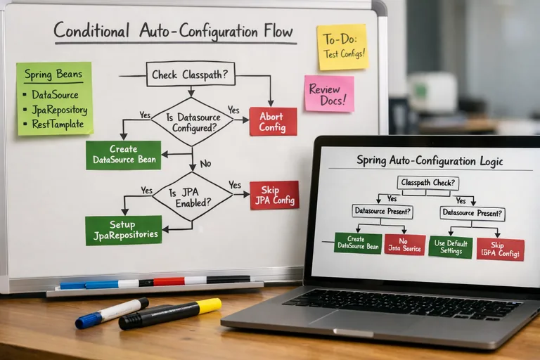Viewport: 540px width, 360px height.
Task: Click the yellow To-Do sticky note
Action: click(342, 47)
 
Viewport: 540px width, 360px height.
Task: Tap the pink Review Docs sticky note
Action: click(330, 94)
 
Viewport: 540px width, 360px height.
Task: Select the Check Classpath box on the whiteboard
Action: click(191, 74)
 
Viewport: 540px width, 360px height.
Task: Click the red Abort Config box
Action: click(273, 122)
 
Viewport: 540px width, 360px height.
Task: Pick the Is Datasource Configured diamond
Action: click(193, 122)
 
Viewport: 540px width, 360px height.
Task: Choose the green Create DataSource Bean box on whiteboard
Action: click(124, 155)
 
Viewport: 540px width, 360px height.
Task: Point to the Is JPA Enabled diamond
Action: click(193, 197)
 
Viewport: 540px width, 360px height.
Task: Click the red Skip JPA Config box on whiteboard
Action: click(274, 195)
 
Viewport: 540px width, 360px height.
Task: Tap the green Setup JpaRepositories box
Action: click(124, 231)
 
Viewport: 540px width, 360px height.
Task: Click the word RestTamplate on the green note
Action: click(58, 124)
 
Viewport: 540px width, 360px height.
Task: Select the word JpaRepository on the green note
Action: click(59, 110)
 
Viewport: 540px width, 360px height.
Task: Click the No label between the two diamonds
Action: click(205, 164)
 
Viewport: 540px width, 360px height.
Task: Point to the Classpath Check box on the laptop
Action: click(428, 183)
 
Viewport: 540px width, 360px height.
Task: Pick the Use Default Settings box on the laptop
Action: click(451, 247)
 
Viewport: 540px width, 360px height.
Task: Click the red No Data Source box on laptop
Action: click(405, 245)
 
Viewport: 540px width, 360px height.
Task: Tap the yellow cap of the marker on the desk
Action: click(209, 306)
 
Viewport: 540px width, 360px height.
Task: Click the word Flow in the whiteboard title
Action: click(278, 31)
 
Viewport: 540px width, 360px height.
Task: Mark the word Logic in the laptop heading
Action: click(491, 161)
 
